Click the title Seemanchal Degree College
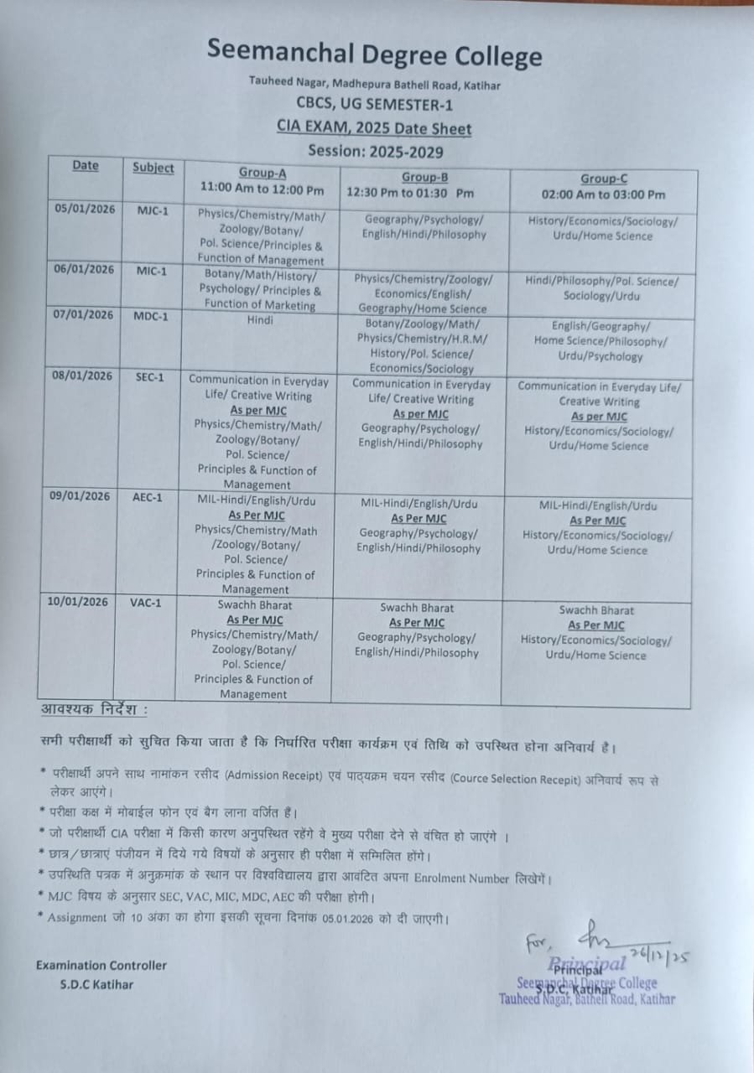tap(374, 55)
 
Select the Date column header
tap(85, 165)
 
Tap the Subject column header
tap(153, 168)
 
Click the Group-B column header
tap(424, 177)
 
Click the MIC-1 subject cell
tap(153, 269)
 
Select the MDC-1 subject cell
tap(153, 315)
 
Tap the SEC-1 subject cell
tap(150, 377)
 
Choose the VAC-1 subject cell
tap(147, 602)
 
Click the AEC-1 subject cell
tap(148, 496)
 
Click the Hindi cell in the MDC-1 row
tap(260, 320)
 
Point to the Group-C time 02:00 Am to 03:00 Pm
tap(603, 194)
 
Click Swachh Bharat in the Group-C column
tap(596, 610)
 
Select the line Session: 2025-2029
tap(375, 151)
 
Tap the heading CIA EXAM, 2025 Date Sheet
tap(374, 128)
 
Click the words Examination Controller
tap(101, 965)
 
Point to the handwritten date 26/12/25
tap(663, 956)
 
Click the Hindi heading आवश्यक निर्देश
tap(94, 710)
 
